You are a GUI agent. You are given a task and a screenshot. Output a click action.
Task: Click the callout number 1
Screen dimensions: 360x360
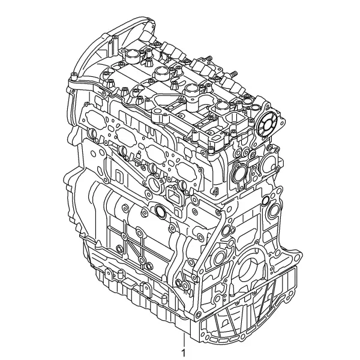pos(183,352)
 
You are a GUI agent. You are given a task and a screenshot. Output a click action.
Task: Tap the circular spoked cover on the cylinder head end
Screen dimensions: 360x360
pos(266,124)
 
